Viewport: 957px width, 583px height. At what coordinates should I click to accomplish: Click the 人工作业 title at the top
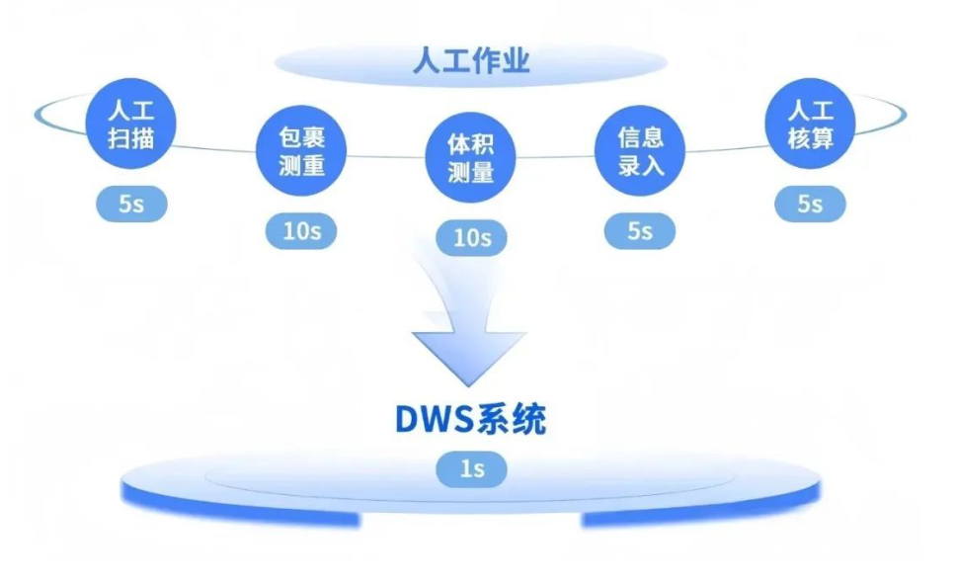[471, 62]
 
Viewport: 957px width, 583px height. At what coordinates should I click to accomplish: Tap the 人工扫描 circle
[131, 123]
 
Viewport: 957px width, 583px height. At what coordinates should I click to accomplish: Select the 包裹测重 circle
[302, 151]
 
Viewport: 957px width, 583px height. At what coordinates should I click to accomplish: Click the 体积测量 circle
[471, 159]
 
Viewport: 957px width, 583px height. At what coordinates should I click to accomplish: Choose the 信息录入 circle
[640, 151]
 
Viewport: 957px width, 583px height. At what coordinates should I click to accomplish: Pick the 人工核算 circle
[810, 123]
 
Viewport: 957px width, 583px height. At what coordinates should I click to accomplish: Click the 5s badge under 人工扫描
[131, 205]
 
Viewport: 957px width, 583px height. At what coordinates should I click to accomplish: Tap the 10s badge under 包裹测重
[301, 232]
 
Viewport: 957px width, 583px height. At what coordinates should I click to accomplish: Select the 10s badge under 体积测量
[471, 238]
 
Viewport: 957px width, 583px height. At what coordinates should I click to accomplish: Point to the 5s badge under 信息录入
[640, 231]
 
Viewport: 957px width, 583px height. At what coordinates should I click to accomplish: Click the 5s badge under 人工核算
[810, 205]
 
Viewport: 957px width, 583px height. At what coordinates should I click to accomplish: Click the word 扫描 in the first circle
[131, 137]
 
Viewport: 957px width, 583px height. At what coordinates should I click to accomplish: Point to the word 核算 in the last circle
[810, 137]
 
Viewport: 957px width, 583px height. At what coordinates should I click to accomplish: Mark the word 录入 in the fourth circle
[640, 165]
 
